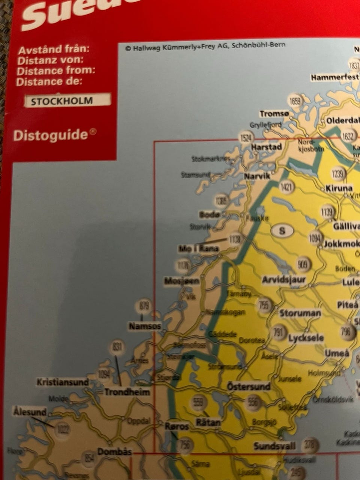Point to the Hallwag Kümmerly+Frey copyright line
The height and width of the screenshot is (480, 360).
click(205, 46)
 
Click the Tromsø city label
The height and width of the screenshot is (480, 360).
click(274, 114)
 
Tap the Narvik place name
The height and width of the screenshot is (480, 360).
click(257, 175)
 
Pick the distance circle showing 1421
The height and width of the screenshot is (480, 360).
click(286, 187)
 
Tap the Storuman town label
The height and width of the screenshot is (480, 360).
click(300, 313)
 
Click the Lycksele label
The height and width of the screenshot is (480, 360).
click(306, 338)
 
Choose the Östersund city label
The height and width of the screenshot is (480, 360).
click(249, 386)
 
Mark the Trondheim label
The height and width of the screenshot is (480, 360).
click(127, 392)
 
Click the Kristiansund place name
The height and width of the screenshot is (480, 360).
click(63, 382)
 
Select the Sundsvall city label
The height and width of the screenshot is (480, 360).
click(274, 446)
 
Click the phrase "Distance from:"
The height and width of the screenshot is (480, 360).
click(55, 70)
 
